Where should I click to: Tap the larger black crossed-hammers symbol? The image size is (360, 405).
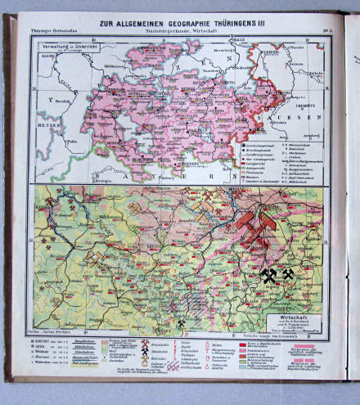[270, 276]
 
